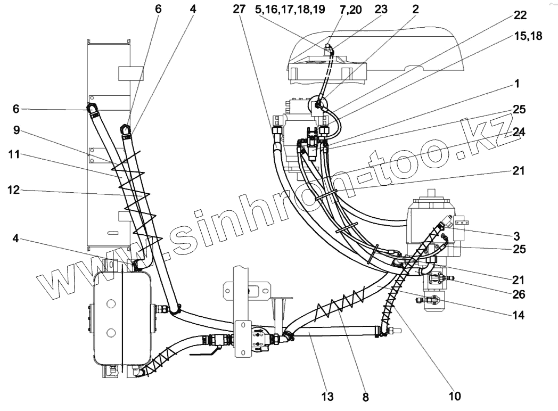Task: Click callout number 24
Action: pyautogui.click(x=518, y=133)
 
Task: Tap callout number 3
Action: pyautogui.click(x=517, y=235)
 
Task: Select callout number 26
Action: pyautogui.click(x=517, y=293)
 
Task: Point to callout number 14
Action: pyautogui.click(x=517, y=315)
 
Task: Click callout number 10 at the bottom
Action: pyautogui.click(x=454, y=396)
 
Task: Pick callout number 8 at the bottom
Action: pyautogui.click(x=365, y=396)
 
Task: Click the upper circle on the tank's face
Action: pyautogui.click(x=111, y=303)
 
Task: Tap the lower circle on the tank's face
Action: pyautogui.click(x=111, y=333)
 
